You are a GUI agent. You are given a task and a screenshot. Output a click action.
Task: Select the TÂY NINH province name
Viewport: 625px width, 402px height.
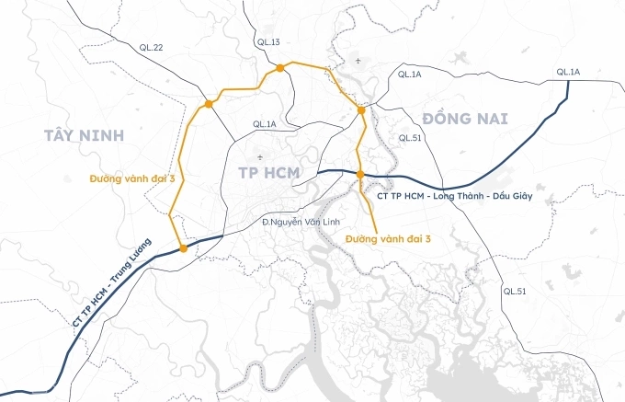tap(82, 136)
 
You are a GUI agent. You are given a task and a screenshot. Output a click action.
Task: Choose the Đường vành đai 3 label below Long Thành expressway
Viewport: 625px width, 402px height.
tap(389, 238)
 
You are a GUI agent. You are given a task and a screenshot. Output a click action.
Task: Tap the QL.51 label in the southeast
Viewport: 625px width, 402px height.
tap(516, 291)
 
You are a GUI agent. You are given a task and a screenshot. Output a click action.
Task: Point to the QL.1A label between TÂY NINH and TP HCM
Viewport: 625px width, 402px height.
tap(264, 124)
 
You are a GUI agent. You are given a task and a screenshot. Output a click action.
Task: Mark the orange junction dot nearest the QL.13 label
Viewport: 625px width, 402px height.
tap(278, 67)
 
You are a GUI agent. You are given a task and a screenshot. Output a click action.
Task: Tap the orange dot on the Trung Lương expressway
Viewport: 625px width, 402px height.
tap(184, 248)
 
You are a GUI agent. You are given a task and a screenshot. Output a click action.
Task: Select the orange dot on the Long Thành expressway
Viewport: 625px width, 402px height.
tap(360, 174)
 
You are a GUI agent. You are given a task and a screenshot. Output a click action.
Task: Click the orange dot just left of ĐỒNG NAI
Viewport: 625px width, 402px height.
tap(361, 110)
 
